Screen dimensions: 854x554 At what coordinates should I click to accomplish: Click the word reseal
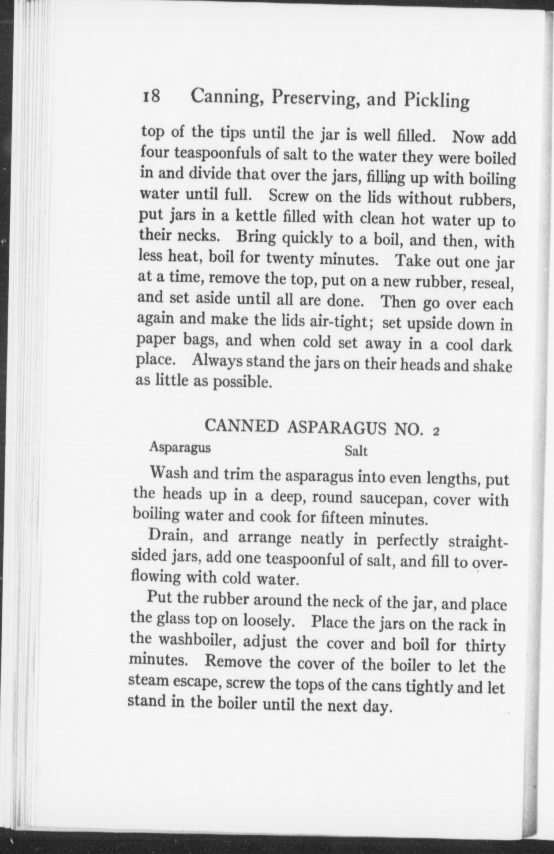click(x=492, y=283)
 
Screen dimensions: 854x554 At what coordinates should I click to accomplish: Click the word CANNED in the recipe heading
click(x=242, y=426)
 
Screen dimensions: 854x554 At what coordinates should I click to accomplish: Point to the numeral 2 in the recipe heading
click(x=436, y=432)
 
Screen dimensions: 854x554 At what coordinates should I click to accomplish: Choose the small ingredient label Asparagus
click(x=180, y=447)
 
